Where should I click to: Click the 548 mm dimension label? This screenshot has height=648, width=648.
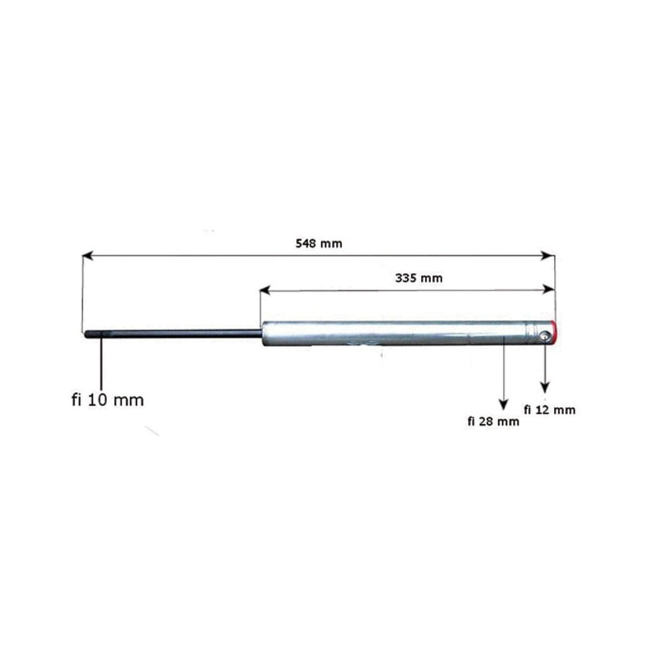319,244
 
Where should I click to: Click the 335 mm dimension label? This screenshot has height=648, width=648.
419,278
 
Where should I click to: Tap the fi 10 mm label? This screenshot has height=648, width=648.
108,400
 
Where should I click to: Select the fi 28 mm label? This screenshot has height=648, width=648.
493,421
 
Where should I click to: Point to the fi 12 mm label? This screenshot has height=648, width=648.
550,410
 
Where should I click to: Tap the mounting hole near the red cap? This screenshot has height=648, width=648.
545,337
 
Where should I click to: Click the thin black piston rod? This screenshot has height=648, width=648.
173,334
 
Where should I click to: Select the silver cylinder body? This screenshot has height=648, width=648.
407,333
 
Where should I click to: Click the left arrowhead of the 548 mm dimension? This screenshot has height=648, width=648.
87,256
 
